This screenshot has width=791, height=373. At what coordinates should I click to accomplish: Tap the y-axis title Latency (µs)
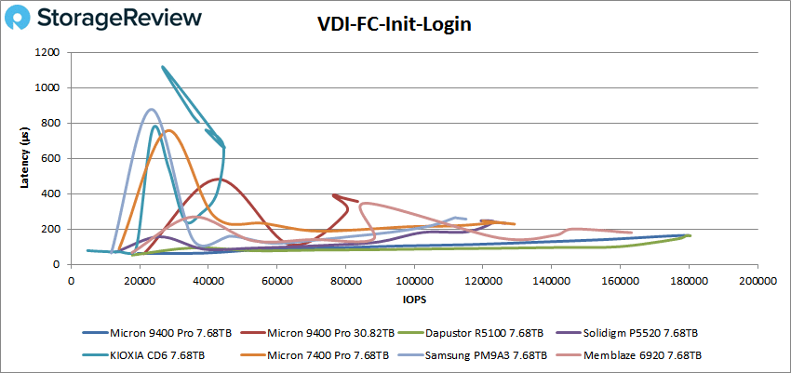click(27, 158)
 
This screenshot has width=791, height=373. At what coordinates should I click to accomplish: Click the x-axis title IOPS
click(413, 300)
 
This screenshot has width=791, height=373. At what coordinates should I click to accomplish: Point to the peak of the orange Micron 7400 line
click(169, 130)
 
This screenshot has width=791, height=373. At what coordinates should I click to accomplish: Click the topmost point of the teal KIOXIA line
click(163, 67)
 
